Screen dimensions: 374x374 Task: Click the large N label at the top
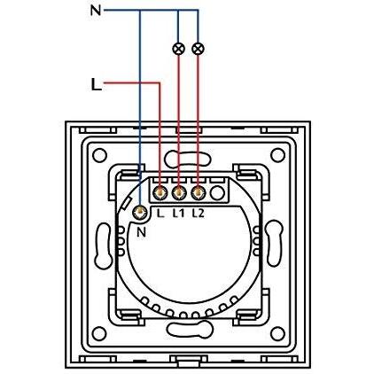[x=96, y=11]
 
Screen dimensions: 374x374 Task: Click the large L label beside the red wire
[x=96, y=84]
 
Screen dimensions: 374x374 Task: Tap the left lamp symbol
[x=178, y=49]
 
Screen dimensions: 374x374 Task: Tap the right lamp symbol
[x=198, y=49]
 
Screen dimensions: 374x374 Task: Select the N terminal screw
[x=139, y=212]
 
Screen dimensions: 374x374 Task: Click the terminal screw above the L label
[x=160, y=193]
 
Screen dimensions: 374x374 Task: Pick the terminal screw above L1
[x=178, y=193]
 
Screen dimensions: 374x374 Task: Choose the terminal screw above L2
[x=198, y=193]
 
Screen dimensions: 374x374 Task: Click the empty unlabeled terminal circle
[x=217, y=193]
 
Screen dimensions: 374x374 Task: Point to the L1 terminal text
[x=178, y=213]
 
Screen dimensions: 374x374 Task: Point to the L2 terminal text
[x=198, y=213]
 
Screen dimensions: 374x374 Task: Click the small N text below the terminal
[x=142, y=233]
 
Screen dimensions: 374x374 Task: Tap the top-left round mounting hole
[x=99, y=155]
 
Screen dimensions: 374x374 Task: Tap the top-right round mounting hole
[x=277, y=155]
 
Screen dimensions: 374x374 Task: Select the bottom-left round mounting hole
[x=99, y=333]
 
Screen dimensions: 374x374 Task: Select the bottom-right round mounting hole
[x=277, y=333]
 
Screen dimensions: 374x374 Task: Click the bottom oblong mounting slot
[x=190, y=329]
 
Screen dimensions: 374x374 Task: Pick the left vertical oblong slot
[x=104, y=245]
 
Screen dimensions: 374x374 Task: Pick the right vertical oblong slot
[x=275, y=244]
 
